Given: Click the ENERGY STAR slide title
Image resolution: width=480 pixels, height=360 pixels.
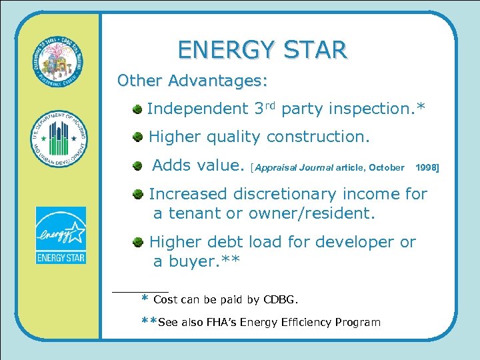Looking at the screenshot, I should coord(262,50).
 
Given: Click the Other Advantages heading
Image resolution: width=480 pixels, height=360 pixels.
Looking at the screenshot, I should coord(192,81).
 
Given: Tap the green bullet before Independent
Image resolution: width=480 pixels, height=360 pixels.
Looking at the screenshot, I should coord(137,108).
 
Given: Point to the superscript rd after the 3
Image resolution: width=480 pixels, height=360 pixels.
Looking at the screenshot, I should coord(271,104).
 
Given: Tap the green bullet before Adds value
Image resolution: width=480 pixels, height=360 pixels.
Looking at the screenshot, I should coord(137,166).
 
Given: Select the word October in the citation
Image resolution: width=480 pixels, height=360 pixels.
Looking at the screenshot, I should coord(386,167).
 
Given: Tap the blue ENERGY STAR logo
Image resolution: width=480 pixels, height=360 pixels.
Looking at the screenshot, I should coord(61,235).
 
